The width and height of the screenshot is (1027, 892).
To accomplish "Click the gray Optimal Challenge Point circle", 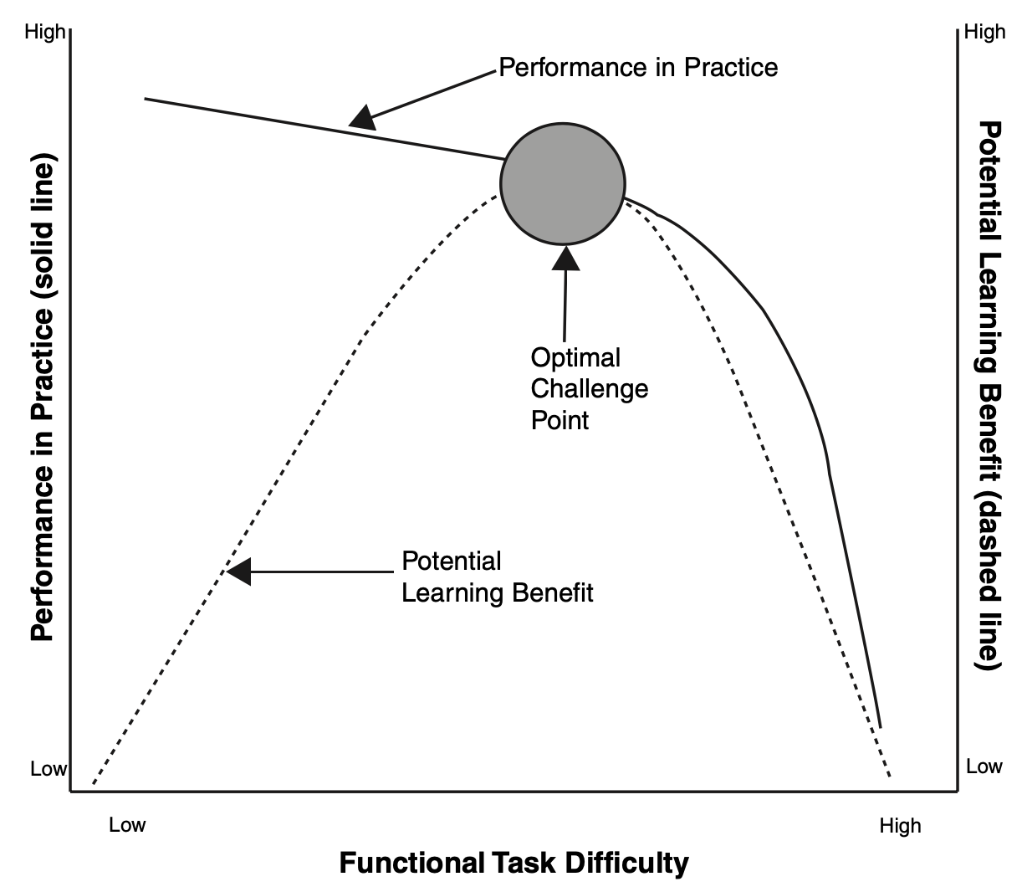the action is point(563,184).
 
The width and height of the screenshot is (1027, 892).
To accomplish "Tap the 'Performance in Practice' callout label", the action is point(638,67).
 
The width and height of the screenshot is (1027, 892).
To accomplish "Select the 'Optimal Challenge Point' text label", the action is point(590,389).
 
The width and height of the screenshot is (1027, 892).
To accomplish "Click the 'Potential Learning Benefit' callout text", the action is point(497,577).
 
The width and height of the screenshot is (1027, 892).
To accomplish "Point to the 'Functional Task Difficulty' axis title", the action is point(514,863).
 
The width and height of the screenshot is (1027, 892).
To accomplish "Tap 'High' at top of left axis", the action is point(44,32).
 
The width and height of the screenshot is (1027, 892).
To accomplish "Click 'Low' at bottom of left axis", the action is point(49,768).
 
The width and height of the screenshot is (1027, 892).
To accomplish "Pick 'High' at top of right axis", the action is point(985,32).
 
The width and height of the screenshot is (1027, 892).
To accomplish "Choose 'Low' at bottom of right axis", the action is point(984,766).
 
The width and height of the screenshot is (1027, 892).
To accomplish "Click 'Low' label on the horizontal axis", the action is point(127,825).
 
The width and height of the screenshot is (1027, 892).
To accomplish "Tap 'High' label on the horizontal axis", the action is point(901,826).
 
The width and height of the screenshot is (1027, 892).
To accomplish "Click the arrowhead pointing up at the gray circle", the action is point(565,259).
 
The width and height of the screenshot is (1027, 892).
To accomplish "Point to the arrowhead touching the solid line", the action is point(363,118).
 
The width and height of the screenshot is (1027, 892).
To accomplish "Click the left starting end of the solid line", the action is point(145,99).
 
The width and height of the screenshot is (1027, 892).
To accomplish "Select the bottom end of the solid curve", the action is point(881,727).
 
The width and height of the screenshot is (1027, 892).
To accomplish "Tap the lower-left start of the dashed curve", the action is point(94,783).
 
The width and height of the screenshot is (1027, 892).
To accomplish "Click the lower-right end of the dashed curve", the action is point(890,777).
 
